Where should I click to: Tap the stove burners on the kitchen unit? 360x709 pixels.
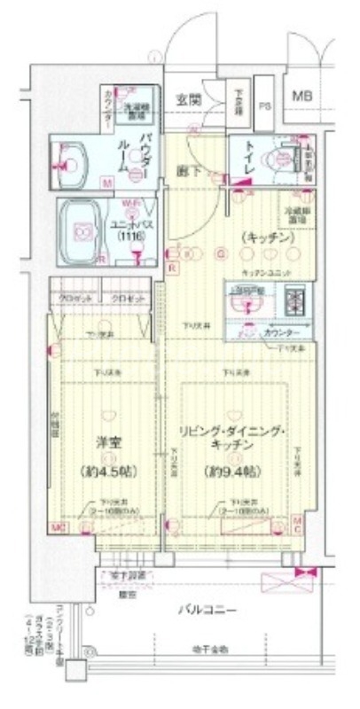tap(293, 302)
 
